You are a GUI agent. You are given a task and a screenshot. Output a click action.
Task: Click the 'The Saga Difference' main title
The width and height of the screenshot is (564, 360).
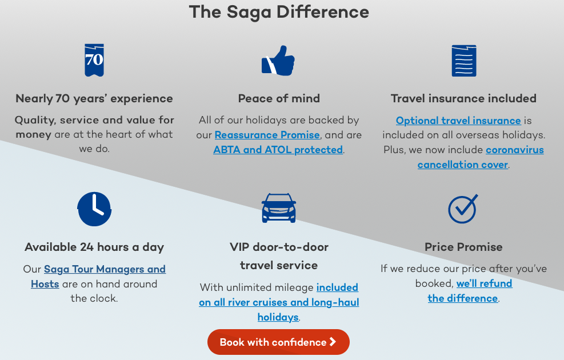pyautogui.click(x=279, y=12)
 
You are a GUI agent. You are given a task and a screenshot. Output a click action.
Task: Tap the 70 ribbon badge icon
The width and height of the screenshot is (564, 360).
pyautogui.click(x=94, y=60)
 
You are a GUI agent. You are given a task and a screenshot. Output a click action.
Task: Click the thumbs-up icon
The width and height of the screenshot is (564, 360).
pyautogui.click(x=278, y=61)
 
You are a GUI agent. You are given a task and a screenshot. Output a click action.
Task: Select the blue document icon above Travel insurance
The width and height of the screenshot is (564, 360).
pyautogui.click(x=464, y=61)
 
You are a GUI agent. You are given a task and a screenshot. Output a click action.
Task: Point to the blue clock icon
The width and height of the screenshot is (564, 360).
pyautogui.click(x=94, y=209)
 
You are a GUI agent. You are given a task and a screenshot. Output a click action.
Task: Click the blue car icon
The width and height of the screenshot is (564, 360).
pyautogui.click(x=279, y=208)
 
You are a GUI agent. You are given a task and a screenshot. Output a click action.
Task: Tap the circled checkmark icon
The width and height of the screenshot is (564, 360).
pyautogui.click(x=463, y=209)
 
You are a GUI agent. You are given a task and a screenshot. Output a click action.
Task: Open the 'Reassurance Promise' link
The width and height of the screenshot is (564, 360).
pyautogui.click(x=267, y=135)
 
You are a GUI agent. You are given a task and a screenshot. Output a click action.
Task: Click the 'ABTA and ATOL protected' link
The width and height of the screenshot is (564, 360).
pyautogui.click(x=278, y=150)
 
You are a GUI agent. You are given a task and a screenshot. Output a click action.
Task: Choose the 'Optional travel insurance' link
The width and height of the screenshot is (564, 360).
pyautogui.click(x=458, y=121)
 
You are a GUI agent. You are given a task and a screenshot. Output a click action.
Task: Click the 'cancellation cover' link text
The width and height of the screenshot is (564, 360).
pyautogui.click(x=462, y=165)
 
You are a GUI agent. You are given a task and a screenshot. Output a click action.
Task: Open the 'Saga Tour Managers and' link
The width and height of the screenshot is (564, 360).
pyautogui.click(x=105, y=269)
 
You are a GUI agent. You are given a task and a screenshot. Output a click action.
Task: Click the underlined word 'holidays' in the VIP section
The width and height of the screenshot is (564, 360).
pyautogui.click(x=278, y=317)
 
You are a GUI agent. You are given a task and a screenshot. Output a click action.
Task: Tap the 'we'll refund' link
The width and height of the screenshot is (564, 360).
pyautogui.click(x=484, y=283)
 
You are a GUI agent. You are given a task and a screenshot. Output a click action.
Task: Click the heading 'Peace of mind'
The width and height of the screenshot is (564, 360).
pyautogui.click(x=279, y=98)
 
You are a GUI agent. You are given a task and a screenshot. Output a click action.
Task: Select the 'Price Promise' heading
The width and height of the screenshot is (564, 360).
pyautogui.click(x=463, y=247)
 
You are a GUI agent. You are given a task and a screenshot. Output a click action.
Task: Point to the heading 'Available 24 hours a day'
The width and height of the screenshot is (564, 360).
pyautogui.click(x=94, y=247)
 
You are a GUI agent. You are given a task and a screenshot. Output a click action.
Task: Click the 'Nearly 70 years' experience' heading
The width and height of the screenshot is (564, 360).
pyautogui.click(x=94, y=99)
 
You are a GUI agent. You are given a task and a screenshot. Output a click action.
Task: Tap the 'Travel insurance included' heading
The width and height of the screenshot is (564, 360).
pyautogui.click(x=463, y=98)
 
